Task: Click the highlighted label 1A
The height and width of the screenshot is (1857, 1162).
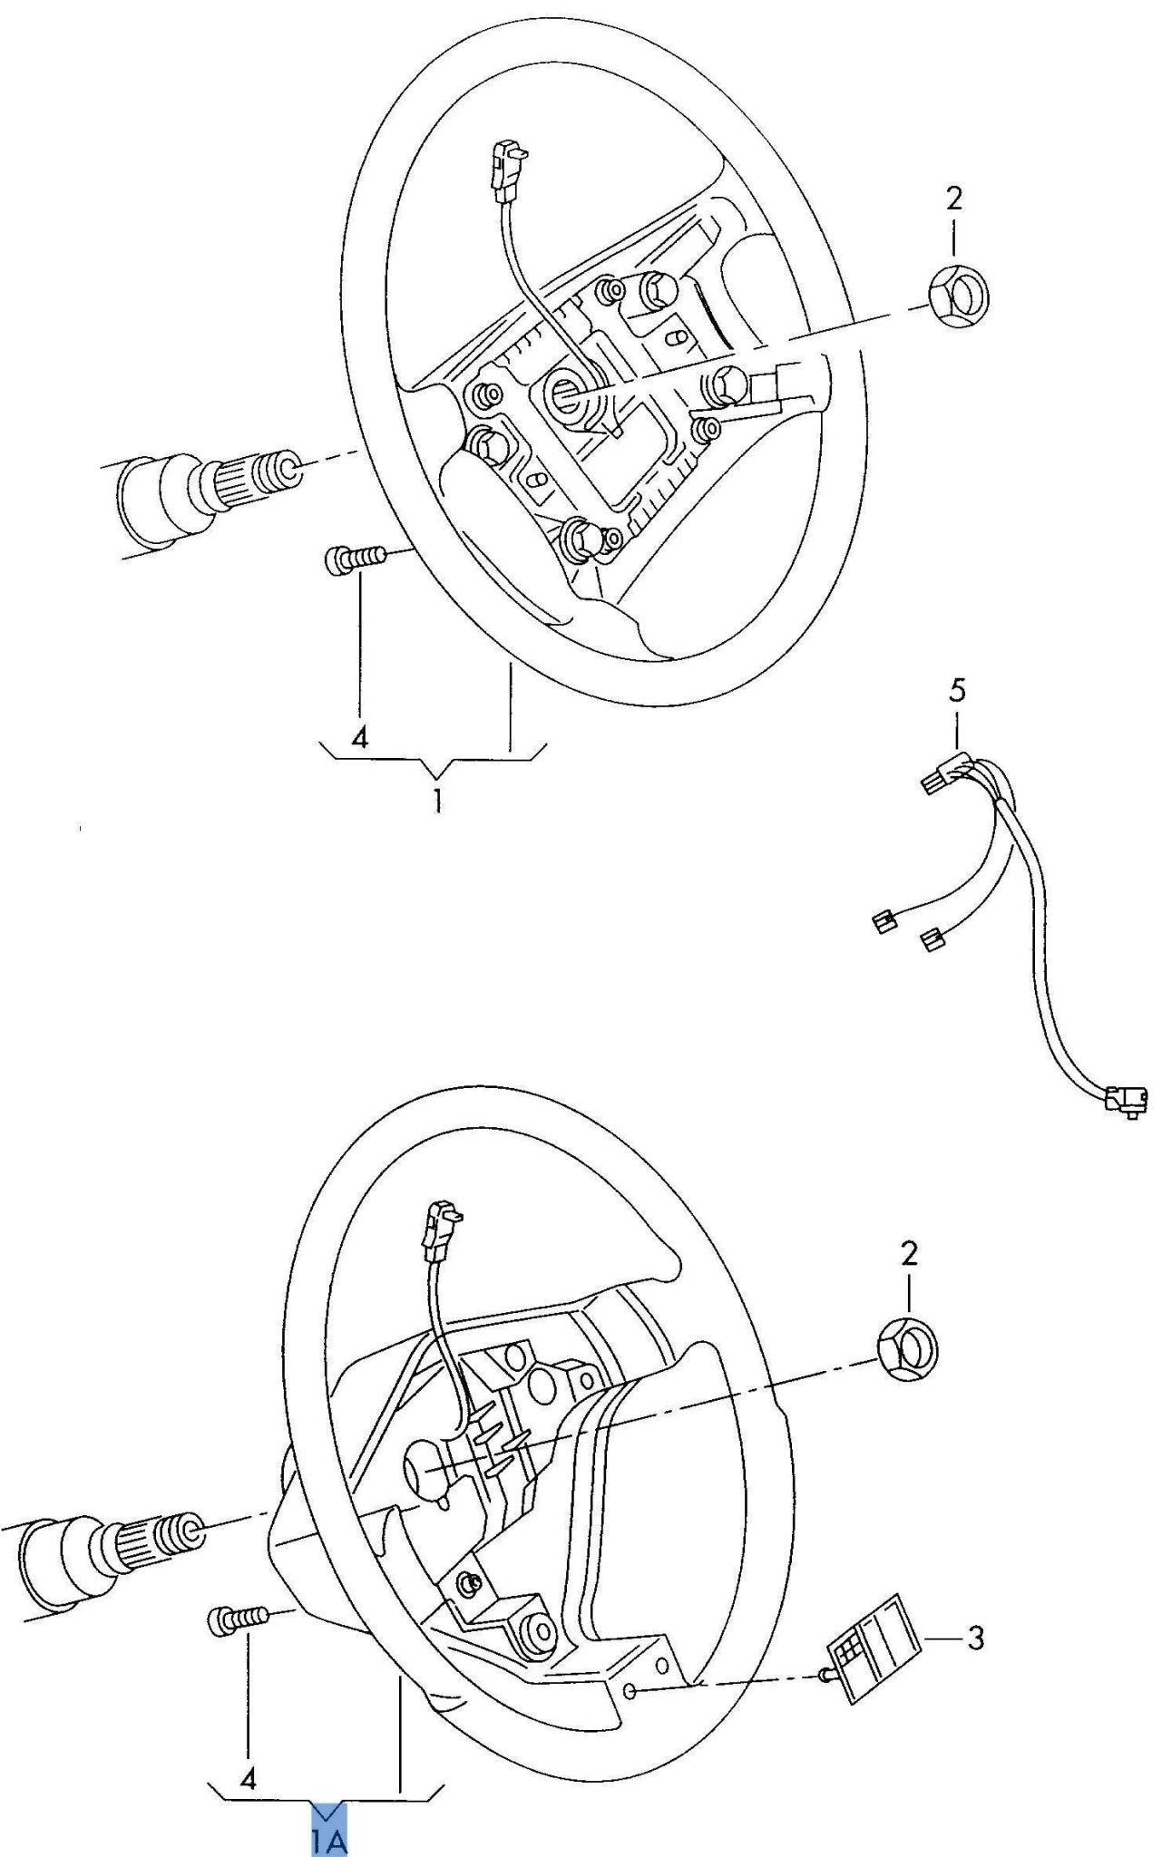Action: point(330,1834)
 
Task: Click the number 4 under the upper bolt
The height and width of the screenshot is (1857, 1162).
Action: point(359,736)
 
